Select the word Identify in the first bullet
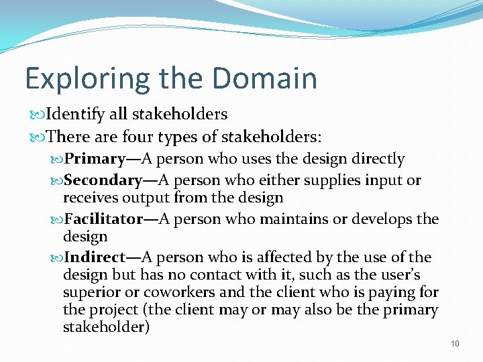coord(76,115)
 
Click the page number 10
coord(455,344)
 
